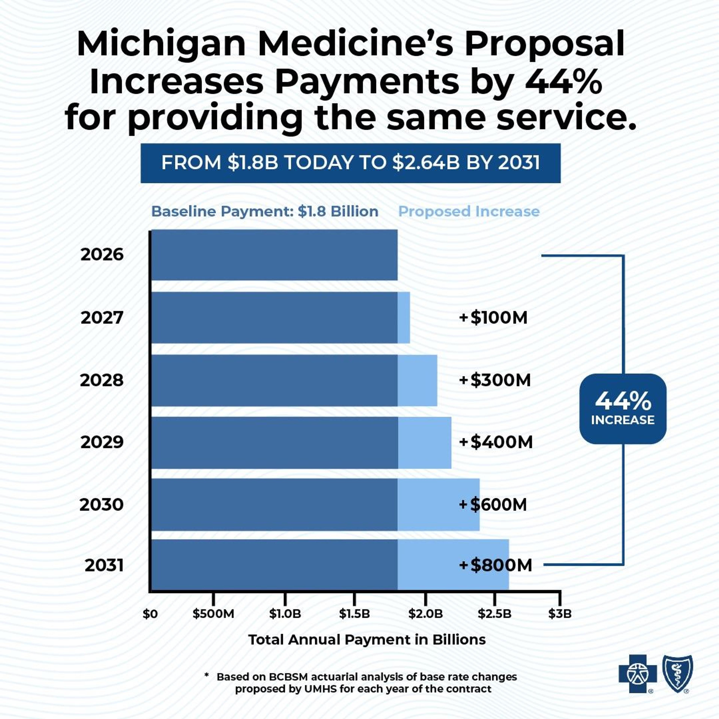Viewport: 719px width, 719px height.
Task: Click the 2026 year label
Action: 102,255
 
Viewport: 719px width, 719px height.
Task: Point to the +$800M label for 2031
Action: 495,565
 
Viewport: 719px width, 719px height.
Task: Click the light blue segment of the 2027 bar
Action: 404,317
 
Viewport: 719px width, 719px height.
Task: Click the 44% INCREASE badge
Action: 623,409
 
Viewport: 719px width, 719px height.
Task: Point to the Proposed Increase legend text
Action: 469,211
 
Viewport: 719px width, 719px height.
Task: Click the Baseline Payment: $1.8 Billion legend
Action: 265,211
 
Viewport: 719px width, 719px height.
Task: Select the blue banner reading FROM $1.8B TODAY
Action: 350,163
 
